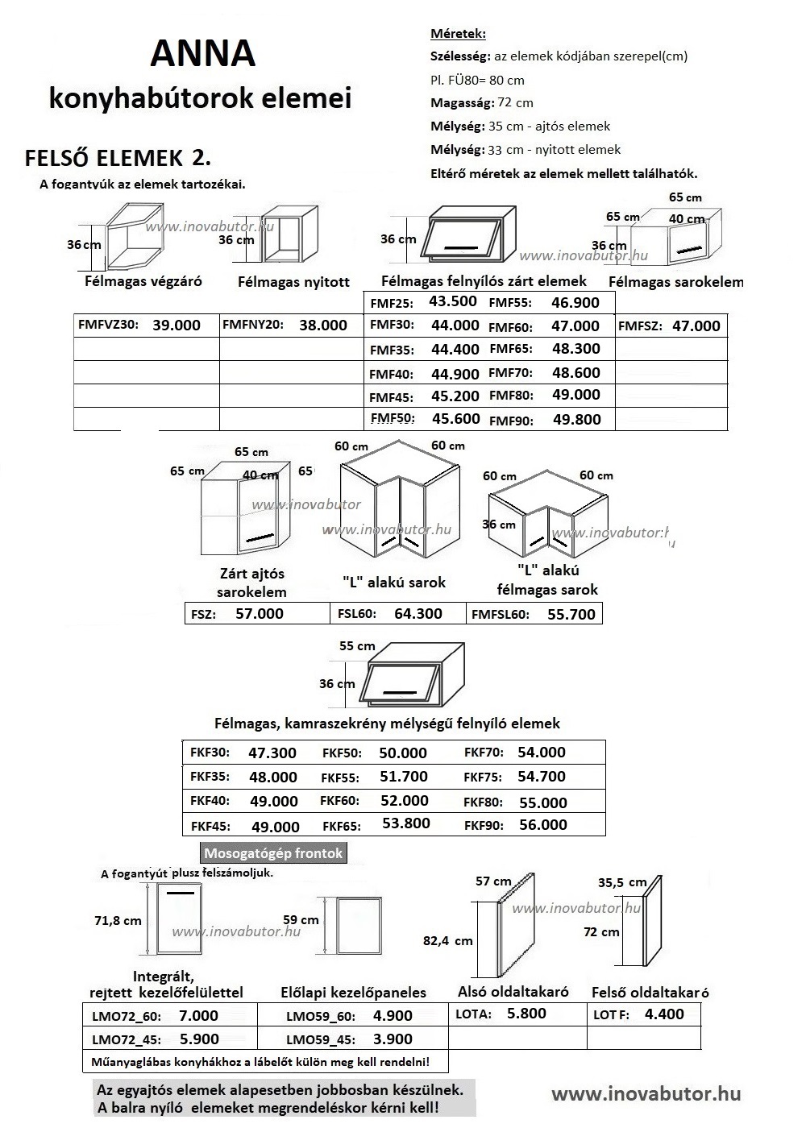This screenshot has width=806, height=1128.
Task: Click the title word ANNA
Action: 203,54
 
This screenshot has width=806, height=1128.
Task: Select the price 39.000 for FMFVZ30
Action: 177,325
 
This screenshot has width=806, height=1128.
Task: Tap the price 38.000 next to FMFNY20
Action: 323,325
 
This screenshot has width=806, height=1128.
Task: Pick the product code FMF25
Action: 391,304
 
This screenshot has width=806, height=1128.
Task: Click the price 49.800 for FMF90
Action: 577,418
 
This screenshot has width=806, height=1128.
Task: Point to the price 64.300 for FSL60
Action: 418,613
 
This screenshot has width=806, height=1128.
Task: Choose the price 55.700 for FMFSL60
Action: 571,614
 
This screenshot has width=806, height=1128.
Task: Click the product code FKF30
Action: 210,753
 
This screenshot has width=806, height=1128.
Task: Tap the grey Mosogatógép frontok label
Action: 273,853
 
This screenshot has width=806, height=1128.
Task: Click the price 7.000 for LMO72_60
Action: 198,1015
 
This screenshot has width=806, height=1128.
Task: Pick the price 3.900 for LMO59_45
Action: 393,1039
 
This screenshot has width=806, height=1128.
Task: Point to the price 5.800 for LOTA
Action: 526,1014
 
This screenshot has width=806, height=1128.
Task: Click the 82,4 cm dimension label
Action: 448,940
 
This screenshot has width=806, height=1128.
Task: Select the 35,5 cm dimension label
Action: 622,882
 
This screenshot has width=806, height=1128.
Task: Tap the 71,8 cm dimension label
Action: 118,920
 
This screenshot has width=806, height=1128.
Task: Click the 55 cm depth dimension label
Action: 357,646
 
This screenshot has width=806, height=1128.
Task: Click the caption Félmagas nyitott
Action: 294,282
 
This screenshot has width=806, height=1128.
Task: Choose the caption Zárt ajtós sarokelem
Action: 251,583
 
